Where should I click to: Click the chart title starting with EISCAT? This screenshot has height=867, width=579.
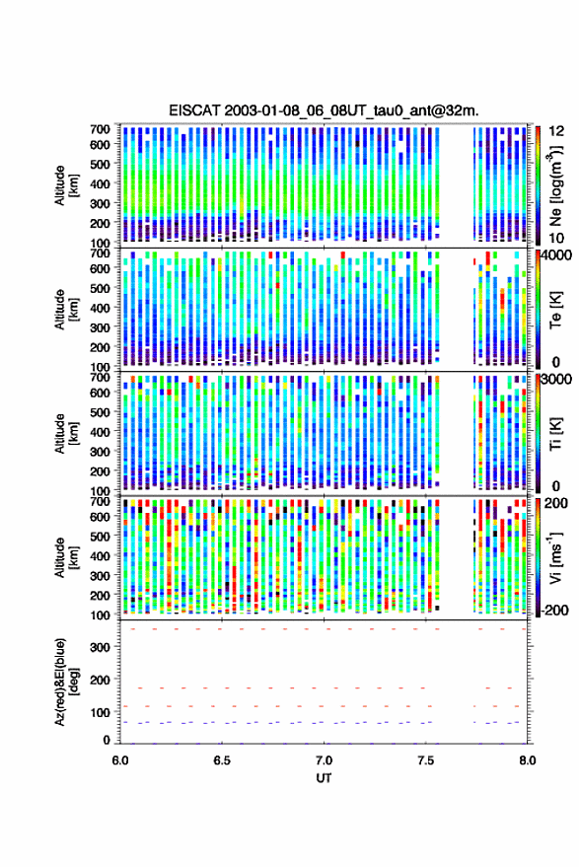pos(324,110)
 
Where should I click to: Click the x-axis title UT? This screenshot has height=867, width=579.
pos(324,778)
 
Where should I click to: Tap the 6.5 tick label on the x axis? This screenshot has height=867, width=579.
pos(222,760)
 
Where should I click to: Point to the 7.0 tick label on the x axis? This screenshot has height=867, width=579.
pos(324,760)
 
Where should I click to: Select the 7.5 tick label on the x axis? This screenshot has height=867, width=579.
pos(425,760)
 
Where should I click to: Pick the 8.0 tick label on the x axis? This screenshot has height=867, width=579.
pos(527,760)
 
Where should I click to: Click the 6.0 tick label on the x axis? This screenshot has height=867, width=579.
pos(120,760)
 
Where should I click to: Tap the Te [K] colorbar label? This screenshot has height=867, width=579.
pos(555,310)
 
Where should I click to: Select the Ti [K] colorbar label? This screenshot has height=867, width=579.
pos(555,434)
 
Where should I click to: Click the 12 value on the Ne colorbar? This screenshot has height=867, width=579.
pos(556,131)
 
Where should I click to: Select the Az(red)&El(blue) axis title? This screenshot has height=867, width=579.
pos(67,682)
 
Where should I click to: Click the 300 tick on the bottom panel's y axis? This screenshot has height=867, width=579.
pos(100,647)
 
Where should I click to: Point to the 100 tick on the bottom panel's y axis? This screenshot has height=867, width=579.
pos(100,712)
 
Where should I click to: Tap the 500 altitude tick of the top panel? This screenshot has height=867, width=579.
pos(100,164)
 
